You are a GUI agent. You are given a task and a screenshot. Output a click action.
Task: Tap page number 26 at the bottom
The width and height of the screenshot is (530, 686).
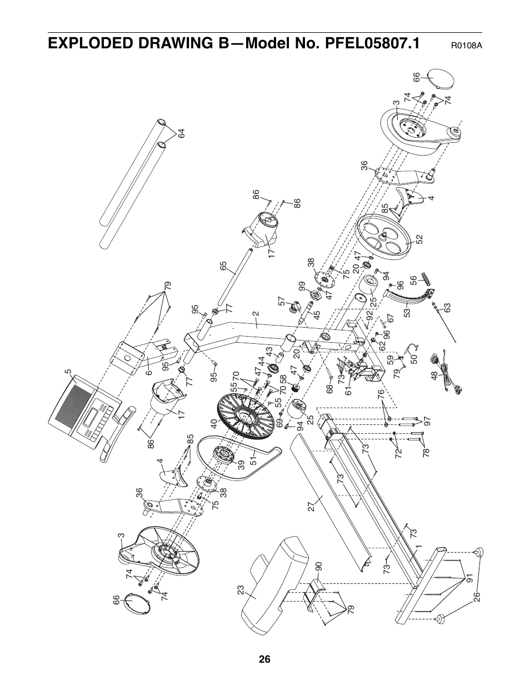264,659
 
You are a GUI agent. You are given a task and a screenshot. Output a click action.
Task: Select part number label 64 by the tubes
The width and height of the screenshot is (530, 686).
181,134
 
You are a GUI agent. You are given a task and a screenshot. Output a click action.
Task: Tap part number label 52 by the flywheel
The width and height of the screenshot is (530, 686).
419,239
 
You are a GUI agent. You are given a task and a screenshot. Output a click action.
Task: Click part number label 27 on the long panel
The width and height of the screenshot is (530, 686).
312,506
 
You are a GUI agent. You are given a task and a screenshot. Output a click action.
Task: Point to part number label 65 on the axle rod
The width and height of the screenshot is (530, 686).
223,266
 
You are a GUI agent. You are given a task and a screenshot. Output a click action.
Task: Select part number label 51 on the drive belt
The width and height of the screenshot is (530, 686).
253,460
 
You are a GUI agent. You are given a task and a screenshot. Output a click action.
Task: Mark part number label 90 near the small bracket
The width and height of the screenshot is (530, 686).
318,567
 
